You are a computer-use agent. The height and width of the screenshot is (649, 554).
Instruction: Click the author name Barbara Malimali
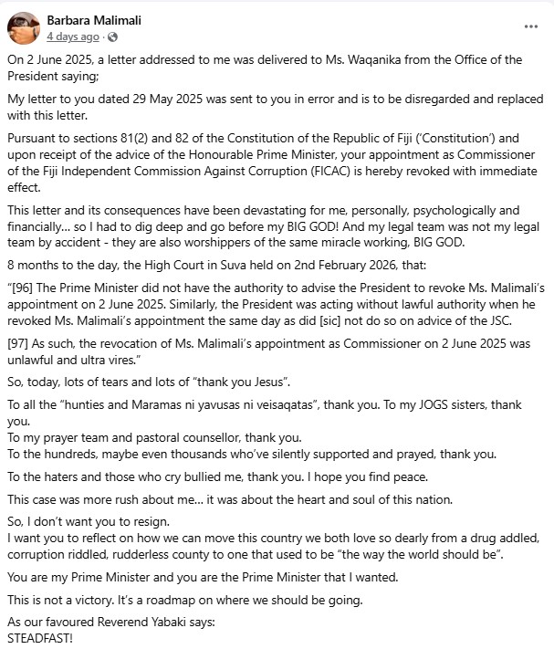[94, 20]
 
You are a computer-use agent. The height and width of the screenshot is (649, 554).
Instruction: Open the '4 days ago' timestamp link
[73, 37]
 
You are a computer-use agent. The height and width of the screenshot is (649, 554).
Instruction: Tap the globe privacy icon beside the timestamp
[113, 37]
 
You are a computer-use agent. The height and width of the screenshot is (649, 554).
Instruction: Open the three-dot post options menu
[531, 27]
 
